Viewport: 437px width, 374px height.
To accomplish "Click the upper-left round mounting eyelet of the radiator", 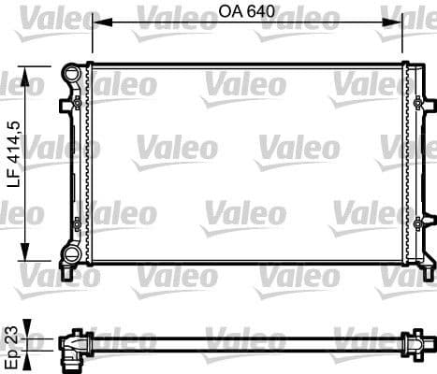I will (x=71, y=71).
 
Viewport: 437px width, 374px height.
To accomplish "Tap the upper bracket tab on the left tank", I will (x=66, y=105).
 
